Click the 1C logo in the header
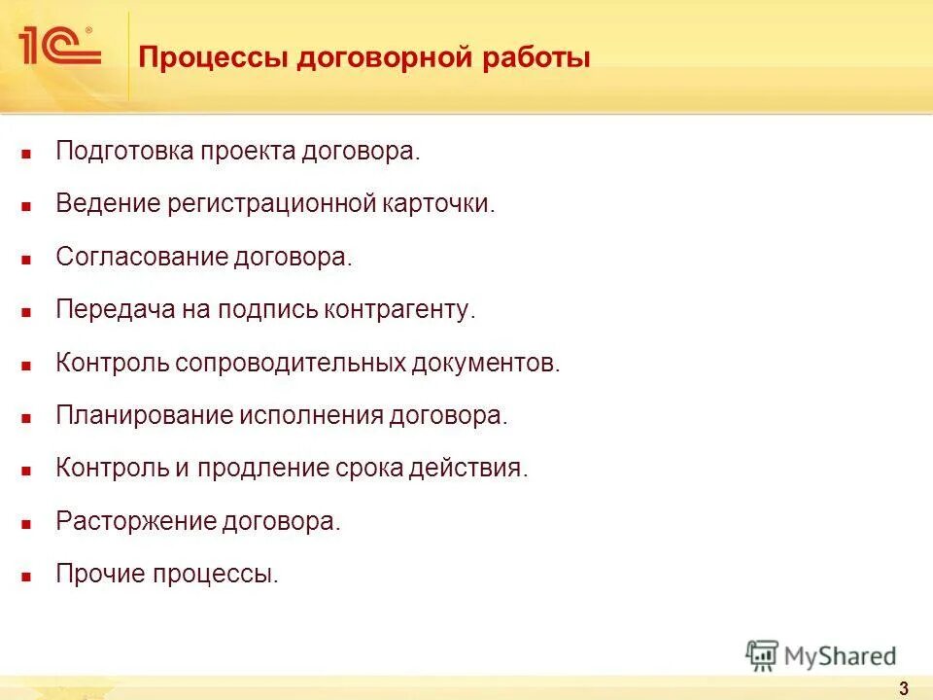[58, 46]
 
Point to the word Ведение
[107, 204]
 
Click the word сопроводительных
[288, 364]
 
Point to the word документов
[485, 364]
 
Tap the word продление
[254, 469]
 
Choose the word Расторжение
[135, 521]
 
